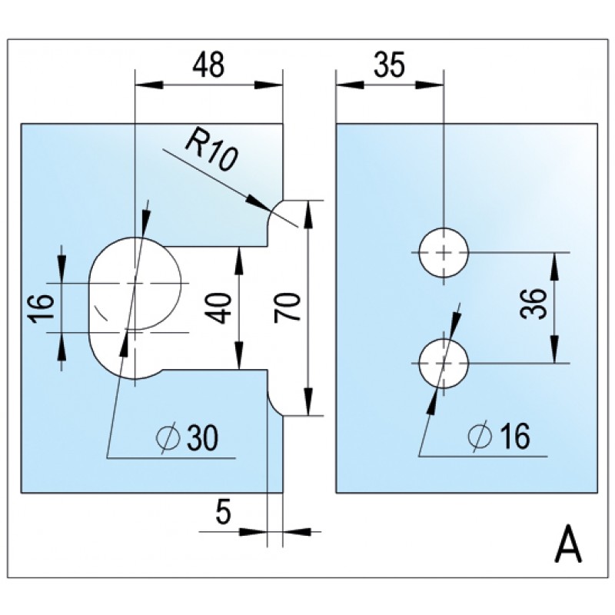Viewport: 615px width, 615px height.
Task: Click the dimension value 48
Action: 208,65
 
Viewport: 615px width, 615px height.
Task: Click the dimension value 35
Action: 389,65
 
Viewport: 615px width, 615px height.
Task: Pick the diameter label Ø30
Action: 188,437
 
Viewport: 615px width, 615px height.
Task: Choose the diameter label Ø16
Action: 498,437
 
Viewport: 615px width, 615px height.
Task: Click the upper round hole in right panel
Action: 444,252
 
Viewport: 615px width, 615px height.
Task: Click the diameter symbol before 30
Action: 168,438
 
